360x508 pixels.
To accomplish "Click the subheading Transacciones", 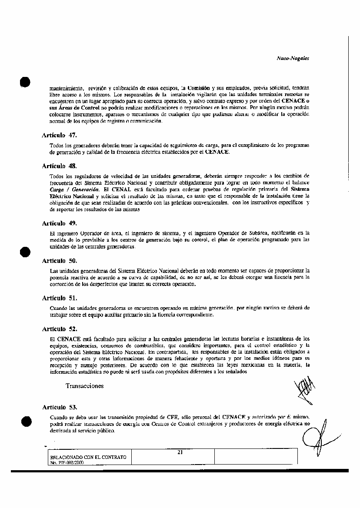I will (x=85, y=386).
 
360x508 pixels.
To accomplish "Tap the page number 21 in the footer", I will (x=180, y=452).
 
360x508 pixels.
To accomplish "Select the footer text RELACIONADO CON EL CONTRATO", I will (x=88, y=457).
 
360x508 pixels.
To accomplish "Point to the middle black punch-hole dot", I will (x=26, y=252).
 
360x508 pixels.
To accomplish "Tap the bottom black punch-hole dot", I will (x=26, y=421).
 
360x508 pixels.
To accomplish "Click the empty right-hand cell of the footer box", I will (x=256, y=456).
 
